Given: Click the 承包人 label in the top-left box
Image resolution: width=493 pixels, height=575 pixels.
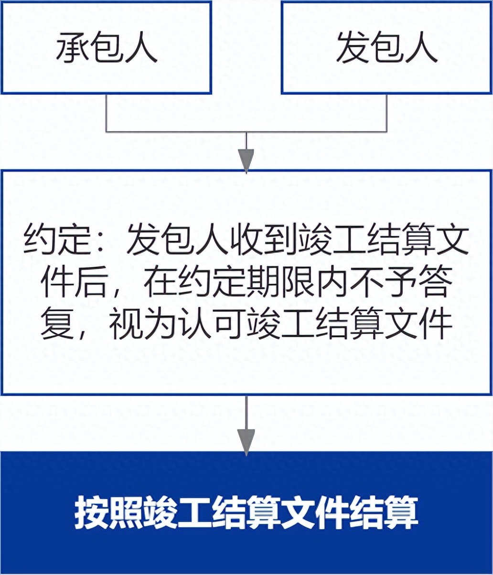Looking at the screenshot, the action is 107,48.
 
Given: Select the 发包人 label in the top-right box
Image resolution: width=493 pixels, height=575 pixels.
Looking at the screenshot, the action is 386,48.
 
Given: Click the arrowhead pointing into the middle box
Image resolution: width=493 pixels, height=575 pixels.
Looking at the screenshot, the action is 246,160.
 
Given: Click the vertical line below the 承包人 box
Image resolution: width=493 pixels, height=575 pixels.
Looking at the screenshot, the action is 107,112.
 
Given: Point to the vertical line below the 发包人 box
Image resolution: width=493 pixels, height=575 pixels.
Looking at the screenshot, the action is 387,112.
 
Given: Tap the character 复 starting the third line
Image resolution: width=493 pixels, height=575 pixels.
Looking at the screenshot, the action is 56,325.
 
